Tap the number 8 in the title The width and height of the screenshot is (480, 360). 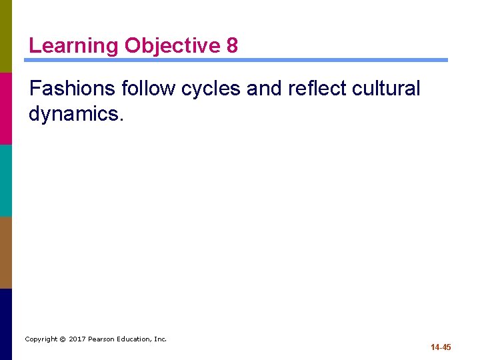pos(232,46)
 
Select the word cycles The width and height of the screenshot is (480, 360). pos(211,89)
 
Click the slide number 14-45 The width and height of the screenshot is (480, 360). pos(441,347)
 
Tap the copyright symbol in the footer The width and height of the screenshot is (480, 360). pos(63,339)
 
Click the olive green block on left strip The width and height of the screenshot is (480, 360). pos(6,36)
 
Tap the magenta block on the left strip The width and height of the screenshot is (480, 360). pos(6,108)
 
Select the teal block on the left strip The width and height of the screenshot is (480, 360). pos(6,180)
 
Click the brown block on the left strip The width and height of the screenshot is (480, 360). pos(6,252)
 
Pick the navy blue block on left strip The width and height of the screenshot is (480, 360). pos(6,324)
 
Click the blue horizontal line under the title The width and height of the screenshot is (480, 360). pos(236,60)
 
